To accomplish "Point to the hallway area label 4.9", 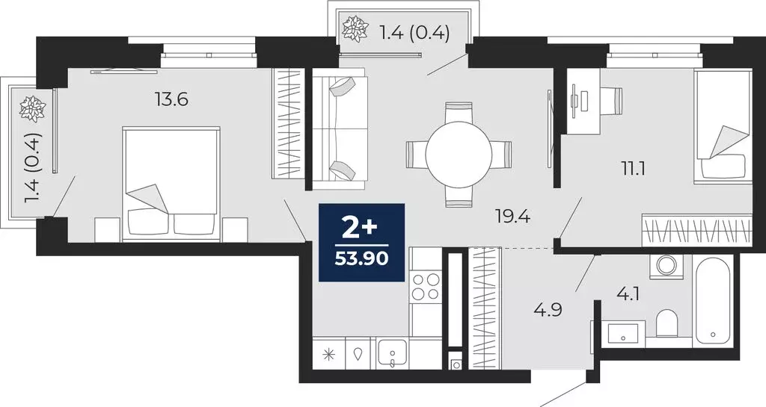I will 527,308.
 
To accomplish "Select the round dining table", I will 459,155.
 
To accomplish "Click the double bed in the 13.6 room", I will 172,183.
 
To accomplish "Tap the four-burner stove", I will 426,286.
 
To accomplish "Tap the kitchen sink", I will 392,352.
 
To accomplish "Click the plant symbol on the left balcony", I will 31,108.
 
